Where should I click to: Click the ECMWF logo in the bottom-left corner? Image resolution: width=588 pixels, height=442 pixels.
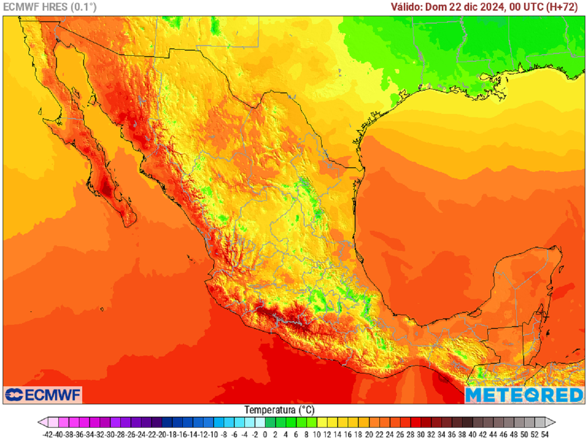(43, 395)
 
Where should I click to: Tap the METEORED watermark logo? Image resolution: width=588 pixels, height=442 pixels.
(524, 395)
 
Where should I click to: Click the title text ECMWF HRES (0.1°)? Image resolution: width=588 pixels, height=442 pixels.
(50, 7)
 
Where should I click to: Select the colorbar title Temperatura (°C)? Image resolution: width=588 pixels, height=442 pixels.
(280, 410)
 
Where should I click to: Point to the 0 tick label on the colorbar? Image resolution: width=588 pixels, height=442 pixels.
(265, 435)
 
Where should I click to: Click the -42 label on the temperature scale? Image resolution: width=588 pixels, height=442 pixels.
(48, 435)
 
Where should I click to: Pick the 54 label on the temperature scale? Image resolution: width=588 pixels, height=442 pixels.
(545, 435)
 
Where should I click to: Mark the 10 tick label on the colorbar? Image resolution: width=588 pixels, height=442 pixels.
(317, 435)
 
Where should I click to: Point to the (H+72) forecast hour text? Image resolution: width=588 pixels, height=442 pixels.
(564, 7)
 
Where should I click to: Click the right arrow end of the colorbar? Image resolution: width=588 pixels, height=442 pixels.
(551, 422)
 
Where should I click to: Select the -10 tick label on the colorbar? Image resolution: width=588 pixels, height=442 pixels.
(212, 435)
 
